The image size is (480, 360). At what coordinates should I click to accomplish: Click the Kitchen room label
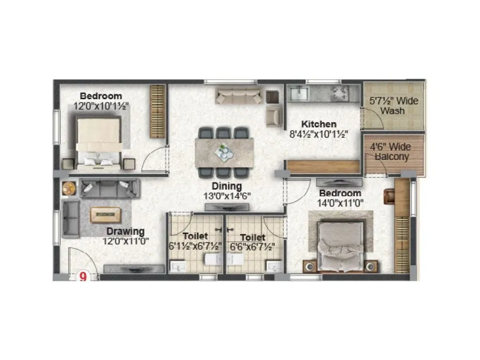click(318, 124)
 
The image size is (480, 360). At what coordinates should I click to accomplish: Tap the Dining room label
click(227, 186)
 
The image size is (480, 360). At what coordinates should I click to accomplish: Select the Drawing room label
click(125, 231)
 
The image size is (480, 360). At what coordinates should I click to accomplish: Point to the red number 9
click(83, 276)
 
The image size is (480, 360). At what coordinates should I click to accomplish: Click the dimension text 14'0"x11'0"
click(340, 203)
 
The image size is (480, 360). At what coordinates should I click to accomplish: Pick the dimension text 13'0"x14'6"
click(227, 196)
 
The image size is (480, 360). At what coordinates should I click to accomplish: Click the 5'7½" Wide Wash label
click(394, 106)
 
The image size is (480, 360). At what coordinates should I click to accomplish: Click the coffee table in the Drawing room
click(105, 214)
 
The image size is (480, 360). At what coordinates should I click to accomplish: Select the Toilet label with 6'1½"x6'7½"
click(195, 237)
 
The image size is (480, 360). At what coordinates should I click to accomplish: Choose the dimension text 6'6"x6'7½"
click(252, 247)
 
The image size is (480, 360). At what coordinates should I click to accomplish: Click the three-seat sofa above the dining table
click(239, 96)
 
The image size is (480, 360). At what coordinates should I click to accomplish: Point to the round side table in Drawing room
click(69, 187)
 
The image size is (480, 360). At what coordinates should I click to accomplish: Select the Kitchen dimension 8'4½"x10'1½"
click(318, 134)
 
